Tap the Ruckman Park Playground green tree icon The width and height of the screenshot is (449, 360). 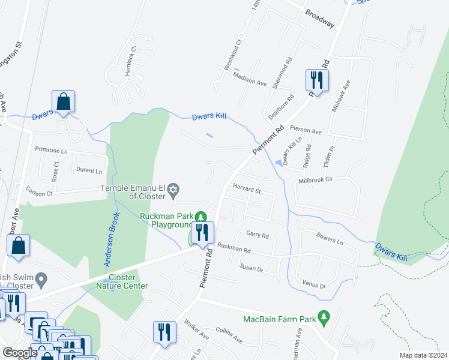click(x=203, y=217)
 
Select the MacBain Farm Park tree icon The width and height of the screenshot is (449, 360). click(x=324, y=316)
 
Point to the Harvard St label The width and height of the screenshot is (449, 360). click(x=247, y=191)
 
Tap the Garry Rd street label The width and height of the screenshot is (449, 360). click(x=258, y=235)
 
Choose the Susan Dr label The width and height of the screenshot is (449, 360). click(x=252, y=268)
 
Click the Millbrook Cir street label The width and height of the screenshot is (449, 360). click(x=328, y=179)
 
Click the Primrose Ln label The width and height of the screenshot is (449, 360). click(x=52, y=151)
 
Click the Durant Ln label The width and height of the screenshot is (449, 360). click(x=90, y=170)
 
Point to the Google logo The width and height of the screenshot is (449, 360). click(x=20, y=353)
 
